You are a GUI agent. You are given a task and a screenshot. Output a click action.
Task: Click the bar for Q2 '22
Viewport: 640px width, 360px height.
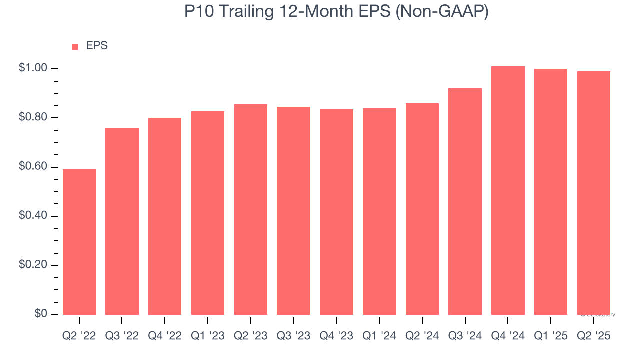[x=79, y=242]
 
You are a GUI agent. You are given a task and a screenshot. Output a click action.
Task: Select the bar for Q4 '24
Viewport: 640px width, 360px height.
[x=508, y=190]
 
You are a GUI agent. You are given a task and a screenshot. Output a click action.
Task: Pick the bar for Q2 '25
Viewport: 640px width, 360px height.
[x=593, y=193]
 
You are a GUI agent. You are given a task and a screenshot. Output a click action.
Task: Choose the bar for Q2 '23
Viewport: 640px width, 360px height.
[x=250, y=209]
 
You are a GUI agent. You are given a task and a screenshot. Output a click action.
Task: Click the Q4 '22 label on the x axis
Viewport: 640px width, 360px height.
[x=165, y=336]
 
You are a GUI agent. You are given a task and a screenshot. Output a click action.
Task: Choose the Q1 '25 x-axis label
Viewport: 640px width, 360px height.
[x=551, y=336]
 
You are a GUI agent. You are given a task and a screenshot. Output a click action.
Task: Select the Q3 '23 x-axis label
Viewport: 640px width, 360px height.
[x=293, y=336]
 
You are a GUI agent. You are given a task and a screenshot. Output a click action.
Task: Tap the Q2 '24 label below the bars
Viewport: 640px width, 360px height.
[x=422, y=336]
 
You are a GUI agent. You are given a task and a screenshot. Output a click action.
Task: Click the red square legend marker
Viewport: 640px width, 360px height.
[x=75, y=47]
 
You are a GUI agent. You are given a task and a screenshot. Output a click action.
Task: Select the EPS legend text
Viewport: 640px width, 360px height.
[x=97, y=46]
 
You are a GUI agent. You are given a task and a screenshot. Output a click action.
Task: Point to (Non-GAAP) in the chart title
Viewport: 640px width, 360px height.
[x=441, y=12]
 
